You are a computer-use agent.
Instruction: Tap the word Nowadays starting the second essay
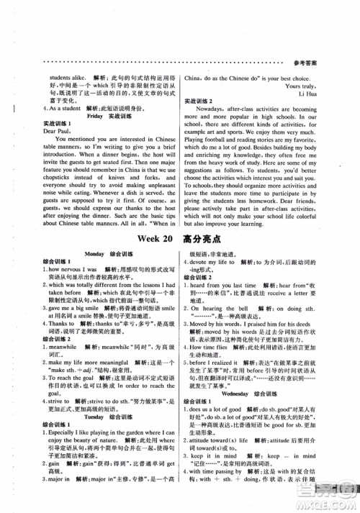click(220, 112)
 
